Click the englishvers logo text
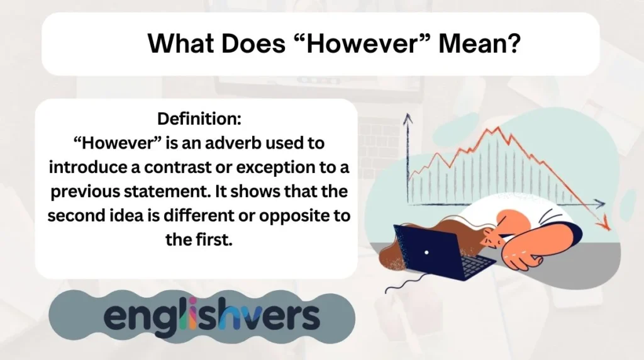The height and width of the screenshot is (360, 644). pos(212,317)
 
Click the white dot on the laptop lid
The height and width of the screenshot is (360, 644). pos(426,252)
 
